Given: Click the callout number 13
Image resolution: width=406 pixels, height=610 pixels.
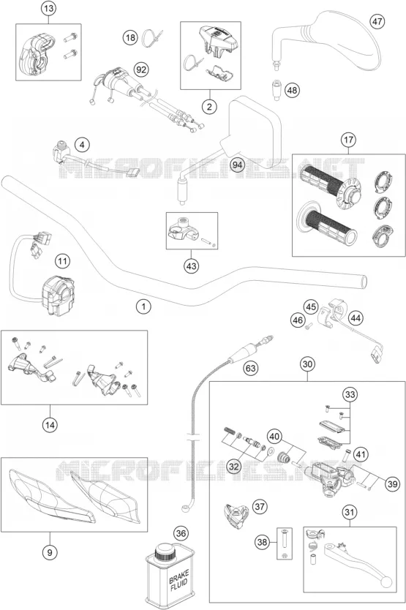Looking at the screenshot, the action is click(x=50, y=9).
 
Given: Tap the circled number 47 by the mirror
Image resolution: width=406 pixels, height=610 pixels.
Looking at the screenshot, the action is click(x=377, y=21).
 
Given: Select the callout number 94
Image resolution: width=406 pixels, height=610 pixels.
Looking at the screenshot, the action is click(x=237, y=165).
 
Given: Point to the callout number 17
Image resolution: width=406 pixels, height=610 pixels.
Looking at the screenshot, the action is click(x=348, y=140).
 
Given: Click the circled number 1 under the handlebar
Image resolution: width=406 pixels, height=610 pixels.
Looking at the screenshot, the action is click(x=143, y=306).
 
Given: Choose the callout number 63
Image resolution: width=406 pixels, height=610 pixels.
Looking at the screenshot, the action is click(x=251, y=368).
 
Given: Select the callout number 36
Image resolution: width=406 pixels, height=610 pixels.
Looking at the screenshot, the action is click(x=181, y=533).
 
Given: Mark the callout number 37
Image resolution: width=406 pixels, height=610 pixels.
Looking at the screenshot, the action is click(x=260, y=507).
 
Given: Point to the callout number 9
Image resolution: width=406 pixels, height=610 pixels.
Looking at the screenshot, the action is click(x=50, y=551).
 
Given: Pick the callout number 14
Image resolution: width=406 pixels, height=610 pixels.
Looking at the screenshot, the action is click(x=50, y=425).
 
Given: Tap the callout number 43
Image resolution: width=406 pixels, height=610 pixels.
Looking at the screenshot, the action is click(x=192, y=266).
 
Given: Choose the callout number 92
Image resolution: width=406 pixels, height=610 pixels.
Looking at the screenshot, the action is click(x=142, y=69).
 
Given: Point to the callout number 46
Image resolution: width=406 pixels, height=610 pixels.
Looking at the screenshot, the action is click(x=298, y=320).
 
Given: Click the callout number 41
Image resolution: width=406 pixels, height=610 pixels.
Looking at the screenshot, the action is click(x=361, y=454).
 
